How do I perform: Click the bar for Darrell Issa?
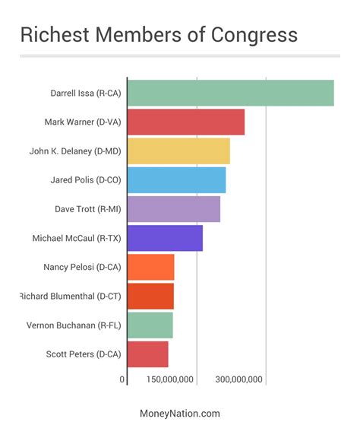click(x=230, y=93)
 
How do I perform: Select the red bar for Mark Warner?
click(x=186, y=122)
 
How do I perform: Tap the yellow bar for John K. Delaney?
click(x=178, y=151)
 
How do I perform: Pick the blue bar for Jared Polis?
click(x=176, y=179)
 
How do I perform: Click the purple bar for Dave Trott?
click(x=174, y=209)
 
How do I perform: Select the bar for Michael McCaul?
click(x=165, y=238)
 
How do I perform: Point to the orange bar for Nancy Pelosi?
click(x=151, y=267)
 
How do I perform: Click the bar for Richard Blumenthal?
click(x=150, y=296)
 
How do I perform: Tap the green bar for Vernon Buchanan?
click(x=150, y=325)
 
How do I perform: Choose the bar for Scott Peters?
click(x=148, y=354)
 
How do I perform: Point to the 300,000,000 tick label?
click(x=239, y=379)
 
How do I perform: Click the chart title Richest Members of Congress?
click(x=158, y=36)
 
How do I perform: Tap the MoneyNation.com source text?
click(x=180, y=414)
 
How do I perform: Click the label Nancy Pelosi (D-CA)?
click(x=82, y=267)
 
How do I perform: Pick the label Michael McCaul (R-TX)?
click(x=77, y=238)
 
